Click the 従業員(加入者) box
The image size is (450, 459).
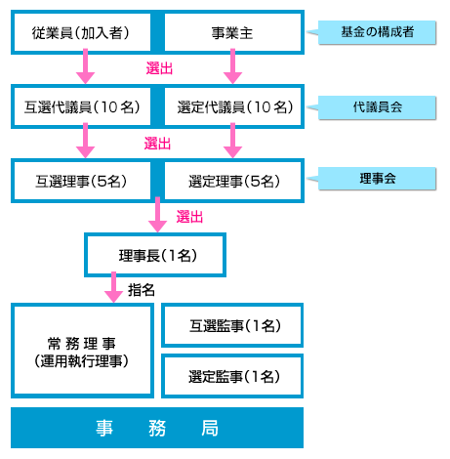point(82,32)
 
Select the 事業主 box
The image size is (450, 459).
point(232,32)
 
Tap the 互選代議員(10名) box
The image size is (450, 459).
point(82,106)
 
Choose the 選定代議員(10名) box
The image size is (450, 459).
point(232,106)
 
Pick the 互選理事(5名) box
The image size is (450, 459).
point(82,181)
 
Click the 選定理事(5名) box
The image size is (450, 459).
point(232,181)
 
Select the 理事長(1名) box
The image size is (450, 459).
point(155,255)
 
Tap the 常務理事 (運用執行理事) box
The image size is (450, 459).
point(82,351)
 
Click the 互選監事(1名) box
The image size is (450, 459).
point(232,325)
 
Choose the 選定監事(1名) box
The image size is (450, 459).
point(232,376)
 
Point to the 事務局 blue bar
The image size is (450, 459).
point(157,428)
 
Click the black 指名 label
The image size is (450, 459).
point(142,290)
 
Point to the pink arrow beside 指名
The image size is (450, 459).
point(113,287)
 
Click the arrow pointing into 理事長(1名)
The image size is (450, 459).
point(158,215)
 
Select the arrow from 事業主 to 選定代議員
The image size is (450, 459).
point(232,66)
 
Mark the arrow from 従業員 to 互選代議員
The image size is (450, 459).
point(85,66)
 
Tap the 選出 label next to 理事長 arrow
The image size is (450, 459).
point(189,217)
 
